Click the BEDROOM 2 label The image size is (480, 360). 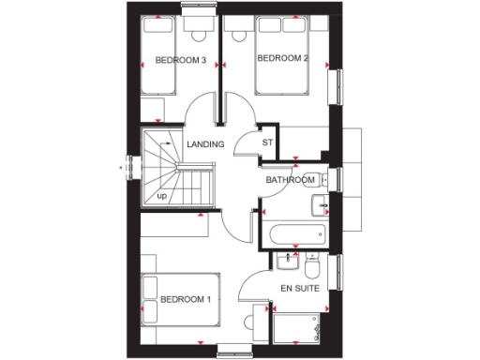coord(283,58)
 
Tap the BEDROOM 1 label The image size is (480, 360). coord(185,300)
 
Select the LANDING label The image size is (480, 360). coord(205,144)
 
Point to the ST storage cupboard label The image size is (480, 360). coord(266,143)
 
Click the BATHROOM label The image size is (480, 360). coord(290,179)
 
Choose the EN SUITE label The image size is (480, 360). coord(299,288)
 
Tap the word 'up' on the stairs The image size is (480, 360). coord(162,196)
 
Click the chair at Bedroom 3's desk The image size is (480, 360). coord(198,36)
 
